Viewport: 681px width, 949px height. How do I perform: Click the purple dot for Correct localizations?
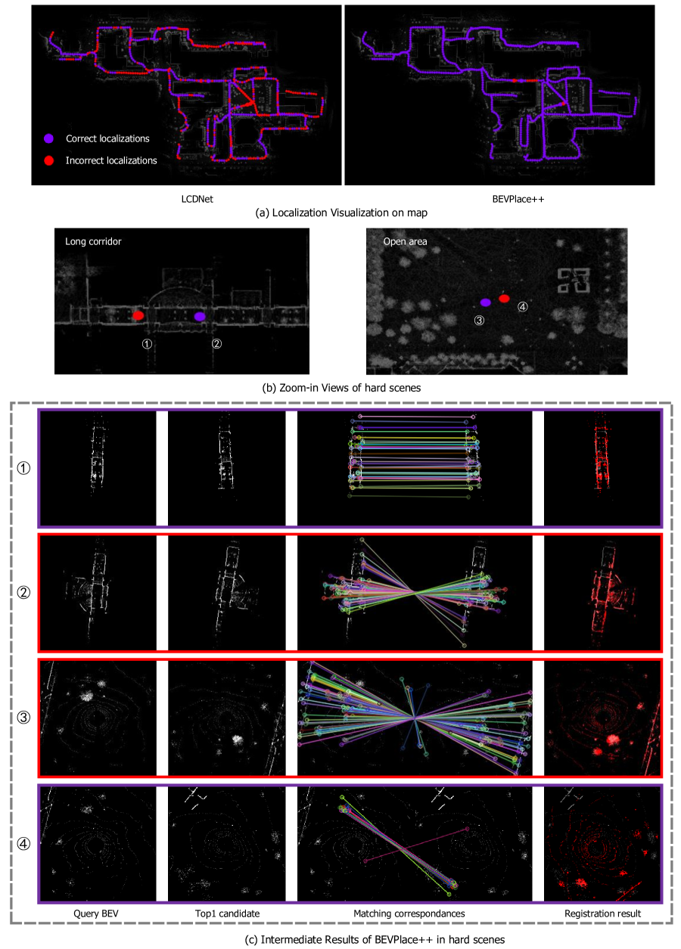click(x=48, y=138)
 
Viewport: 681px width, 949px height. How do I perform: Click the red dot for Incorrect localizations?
click(x=48, y=160)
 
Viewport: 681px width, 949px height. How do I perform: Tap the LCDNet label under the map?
click(x=197, y=199)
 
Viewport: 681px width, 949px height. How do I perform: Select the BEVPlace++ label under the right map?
click(x=518, y=199)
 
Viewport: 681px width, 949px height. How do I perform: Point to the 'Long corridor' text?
click(x=93, y=241)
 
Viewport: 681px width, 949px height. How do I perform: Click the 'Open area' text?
click(x=405, y=241)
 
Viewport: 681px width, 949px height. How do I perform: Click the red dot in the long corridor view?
click(x=138, y=315)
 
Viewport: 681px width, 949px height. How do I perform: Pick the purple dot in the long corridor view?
click(x=200, y=316)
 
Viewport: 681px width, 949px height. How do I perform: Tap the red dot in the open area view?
click(x=504, y=298)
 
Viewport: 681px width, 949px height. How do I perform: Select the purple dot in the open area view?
click(x=486, y=302)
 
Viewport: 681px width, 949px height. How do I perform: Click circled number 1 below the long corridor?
click(x=147, y=343)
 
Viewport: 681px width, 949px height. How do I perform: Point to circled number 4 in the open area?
click(x=522, y=306)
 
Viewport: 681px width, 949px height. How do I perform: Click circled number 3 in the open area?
click(x=479, y=321)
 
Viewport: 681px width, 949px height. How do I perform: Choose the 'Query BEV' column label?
click(x=96, y=913)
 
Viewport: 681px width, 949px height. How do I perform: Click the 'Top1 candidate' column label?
click(x=227, y=913)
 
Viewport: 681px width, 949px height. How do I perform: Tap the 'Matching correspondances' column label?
click(x=409, y=913)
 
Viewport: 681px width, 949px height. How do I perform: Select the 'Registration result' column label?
click(x=602, y=913)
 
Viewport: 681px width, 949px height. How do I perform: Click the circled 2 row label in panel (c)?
click(x=23, y=592)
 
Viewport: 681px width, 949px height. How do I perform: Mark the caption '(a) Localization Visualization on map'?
click(x=341, y=212)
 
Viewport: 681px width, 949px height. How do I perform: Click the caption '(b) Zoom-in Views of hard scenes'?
click(x=341, y=388)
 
